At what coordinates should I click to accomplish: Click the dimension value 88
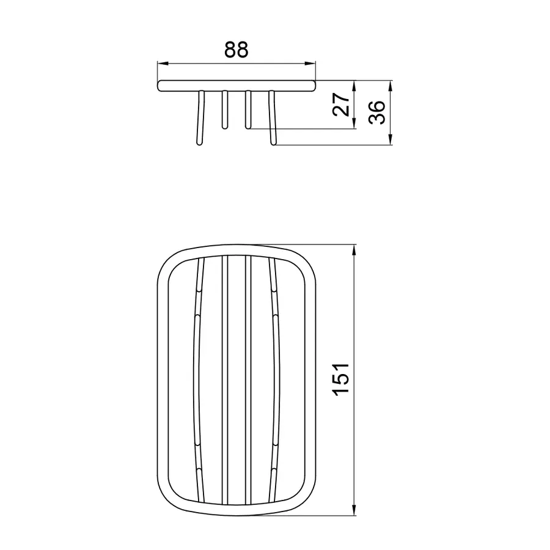pyautogui.click(x=236, y=50)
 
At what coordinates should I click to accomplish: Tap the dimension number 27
pyautogui.click(x=343, y=105)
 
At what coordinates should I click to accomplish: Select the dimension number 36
pyautogui.click(x=378, y=113)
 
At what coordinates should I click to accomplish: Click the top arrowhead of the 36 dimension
pyautogui.click(x=391, y=85)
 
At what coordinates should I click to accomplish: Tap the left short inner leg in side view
pyautogui.click(x=224, y=110)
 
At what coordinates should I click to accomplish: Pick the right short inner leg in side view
pyautogui.click(x=248, y=110)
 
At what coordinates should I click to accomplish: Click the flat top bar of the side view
pyautogui.click(x=237, y=85)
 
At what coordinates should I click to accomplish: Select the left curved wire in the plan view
pyautogui.click(x=196, y=379)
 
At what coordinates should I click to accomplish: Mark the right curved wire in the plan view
pyautogui.click(x=276, y=379)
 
